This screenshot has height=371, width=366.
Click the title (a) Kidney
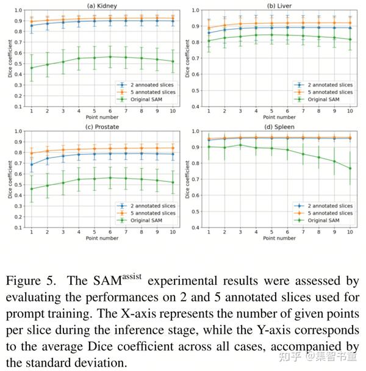pyautogui.click(x=101, y=4)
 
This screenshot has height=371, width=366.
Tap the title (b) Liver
pyautogui.click(x=279, y=4)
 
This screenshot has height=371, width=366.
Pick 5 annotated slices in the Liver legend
pyautogui.click(x=330, y=92)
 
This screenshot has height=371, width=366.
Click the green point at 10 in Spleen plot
pyautogui.click(x=350, y=168)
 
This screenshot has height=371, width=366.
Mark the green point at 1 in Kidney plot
pyautogui.click(x=31, y=68)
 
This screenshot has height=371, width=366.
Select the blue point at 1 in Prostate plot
pyautogui.click(x=31, y=164)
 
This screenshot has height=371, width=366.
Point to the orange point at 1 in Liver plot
pyautogui.click(x=209, y=28)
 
